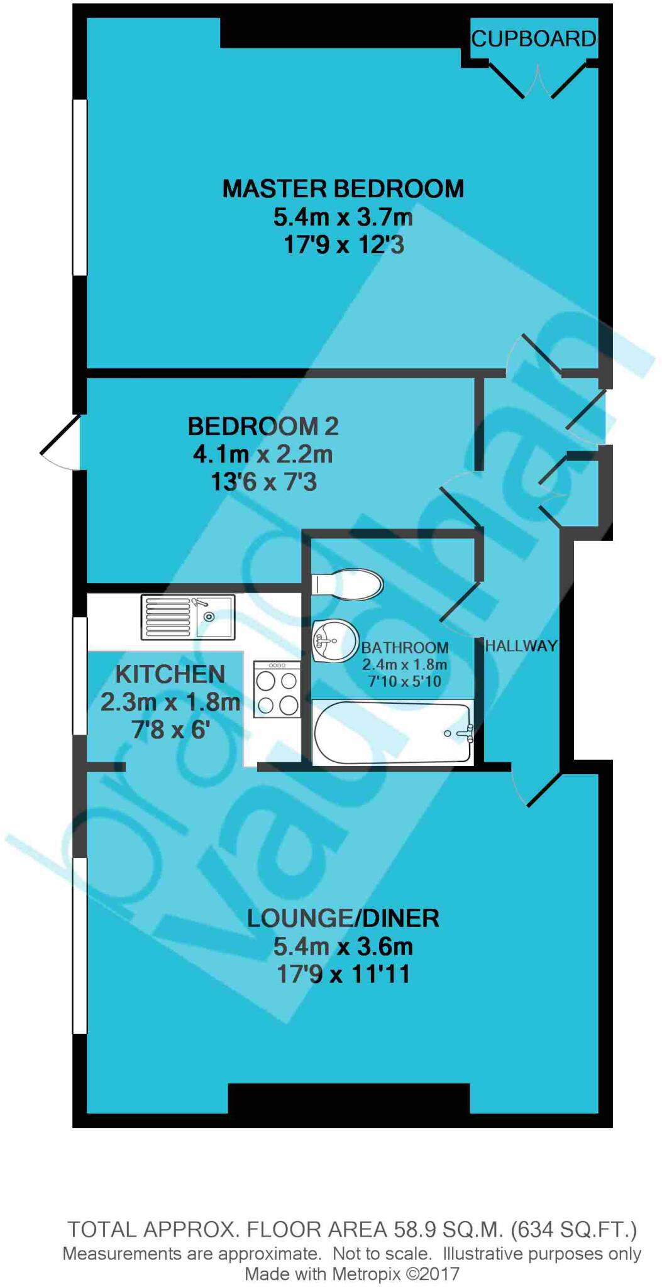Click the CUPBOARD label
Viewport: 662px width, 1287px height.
[533, 39]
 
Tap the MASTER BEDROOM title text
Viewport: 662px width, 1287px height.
[343, 189]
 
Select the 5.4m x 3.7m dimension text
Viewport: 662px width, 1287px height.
[343, 217]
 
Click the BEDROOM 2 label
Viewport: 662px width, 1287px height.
[263, 426]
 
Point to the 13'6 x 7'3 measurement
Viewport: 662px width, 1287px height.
[263, 482]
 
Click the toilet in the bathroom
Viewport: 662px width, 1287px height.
[348, 584]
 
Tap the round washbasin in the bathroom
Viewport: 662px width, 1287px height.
[334, 641]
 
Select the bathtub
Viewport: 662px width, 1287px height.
[393, 733]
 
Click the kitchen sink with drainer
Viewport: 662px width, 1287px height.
[187, 617]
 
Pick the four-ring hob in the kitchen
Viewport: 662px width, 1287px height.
[277, 689]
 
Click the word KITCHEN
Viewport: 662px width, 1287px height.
[170, 674]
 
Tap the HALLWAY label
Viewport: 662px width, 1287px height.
[521, 645]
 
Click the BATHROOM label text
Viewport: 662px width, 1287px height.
[404, 647]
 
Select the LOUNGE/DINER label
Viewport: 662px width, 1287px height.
[343, 918]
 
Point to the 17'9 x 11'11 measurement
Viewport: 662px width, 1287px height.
[343, 974]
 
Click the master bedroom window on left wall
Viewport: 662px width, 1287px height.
[80, 187]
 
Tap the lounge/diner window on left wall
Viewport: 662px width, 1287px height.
[80, 945]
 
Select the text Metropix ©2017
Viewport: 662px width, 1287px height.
[395, 1274]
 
